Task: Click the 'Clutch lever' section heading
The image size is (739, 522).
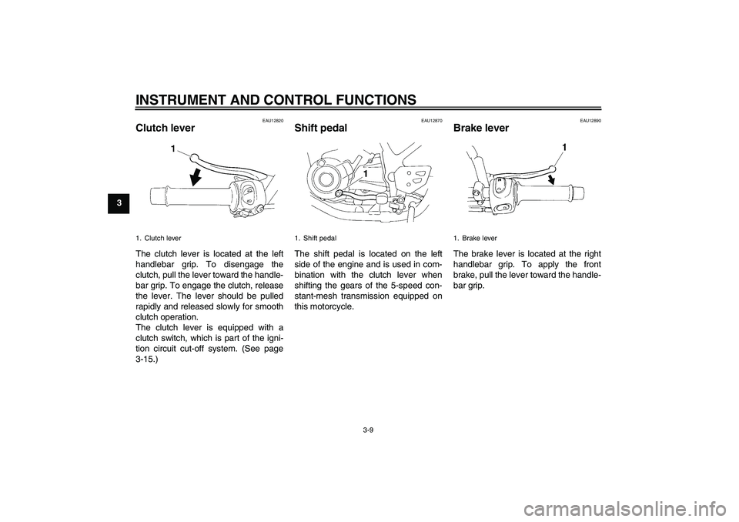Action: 165,128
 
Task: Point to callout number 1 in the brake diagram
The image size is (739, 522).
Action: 564,146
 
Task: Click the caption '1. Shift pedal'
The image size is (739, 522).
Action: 316,238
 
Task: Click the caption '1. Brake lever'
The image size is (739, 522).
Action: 475,238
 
